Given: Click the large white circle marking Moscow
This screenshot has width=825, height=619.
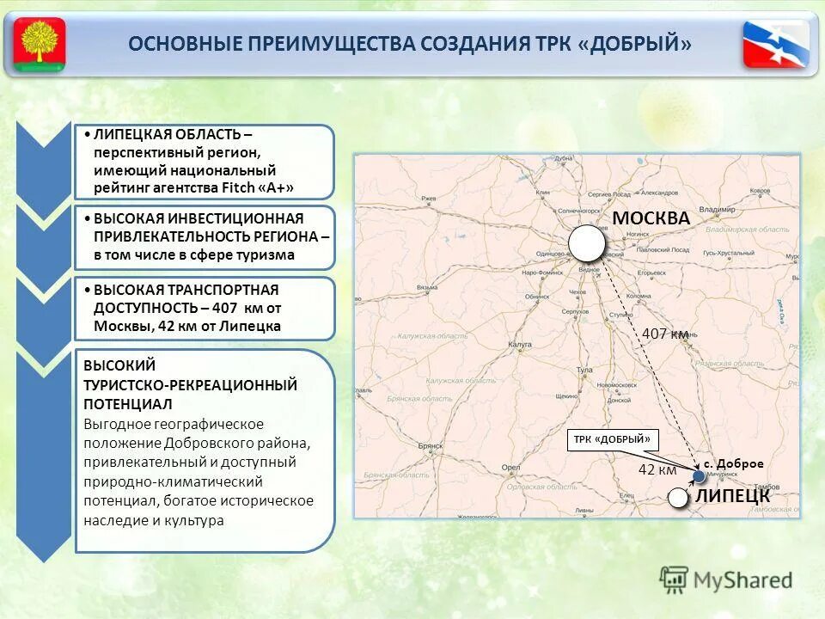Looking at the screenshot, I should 586,243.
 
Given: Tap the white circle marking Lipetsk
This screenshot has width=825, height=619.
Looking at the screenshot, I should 678,496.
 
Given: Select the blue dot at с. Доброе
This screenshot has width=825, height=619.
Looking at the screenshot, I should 699,475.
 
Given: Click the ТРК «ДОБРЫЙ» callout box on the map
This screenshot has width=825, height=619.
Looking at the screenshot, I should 612,439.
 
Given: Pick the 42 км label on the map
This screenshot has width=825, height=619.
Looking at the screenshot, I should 657,469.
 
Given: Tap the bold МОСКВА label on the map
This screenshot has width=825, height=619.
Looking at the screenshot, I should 651,218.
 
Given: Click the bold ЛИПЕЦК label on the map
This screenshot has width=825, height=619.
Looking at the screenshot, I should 732,496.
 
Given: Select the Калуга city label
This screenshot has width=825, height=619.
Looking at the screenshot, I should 521,344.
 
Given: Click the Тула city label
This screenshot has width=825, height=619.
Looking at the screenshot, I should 585,370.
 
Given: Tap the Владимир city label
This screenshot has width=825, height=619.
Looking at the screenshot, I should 716,209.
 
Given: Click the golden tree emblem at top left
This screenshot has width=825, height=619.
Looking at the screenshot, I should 39,43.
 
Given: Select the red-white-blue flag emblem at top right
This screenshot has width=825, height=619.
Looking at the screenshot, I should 776,43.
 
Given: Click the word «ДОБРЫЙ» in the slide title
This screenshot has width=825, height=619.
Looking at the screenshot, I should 640,44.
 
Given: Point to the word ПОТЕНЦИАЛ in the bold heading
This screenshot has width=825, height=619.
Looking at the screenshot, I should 128,403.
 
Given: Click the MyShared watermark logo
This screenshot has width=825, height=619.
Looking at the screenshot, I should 726,580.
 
